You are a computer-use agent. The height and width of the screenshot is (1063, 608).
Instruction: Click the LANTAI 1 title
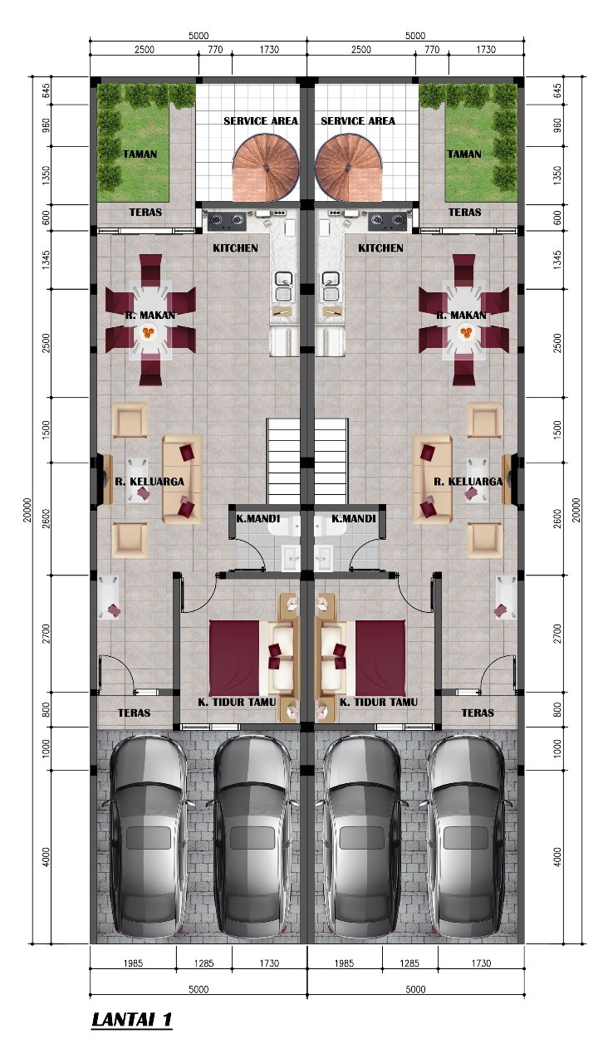tap(131, 1019)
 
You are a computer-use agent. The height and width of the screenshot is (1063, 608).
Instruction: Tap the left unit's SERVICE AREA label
tap(261, 121)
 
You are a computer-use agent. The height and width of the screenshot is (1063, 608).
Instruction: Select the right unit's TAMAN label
tap(464, 154)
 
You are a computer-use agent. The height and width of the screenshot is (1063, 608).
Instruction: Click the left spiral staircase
tap(266, 168)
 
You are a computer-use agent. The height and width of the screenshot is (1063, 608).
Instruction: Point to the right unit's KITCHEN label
tap(380, 247)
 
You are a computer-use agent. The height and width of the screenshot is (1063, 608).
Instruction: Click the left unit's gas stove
tap(227, 220)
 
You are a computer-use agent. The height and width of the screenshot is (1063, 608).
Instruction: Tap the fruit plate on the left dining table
tap(149, 332)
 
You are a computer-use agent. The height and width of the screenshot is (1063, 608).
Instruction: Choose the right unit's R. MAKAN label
tap(461, 315)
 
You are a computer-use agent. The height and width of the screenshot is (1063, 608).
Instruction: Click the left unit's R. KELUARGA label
tap(150, 481)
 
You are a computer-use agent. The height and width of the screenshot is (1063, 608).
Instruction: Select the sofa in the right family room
tap(433, 478)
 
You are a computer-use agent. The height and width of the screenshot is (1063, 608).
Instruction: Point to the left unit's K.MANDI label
tap(258, 518)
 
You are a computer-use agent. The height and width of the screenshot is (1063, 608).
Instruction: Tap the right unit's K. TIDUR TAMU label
tap(379, 702)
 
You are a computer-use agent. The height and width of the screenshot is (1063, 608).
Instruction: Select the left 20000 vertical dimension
tap(27, 510)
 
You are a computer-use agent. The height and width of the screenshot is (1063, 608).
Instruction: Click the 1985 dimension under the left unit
tap(133, 963)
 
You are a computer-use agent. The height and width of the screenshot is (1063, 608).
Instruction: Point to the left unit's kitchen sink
tap(284, 287)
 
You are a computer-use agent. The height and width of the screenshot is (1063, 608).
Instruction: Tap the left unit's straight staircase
tap(283, 461)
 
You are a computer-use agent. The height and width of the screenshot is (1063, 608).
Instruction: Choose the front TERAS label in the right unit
tap(478, 713)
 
